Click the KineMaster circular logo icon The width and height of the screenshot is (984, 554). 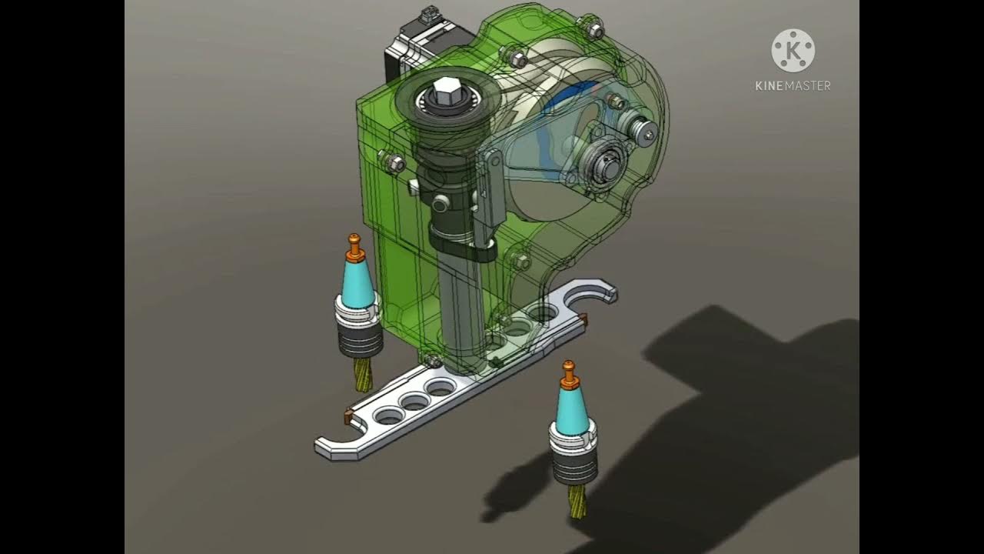[793, 51]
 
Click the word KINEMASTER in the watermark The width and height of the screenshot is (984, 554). [793, 86]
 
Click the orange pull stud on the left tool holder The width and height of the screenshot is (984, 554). [354, 247]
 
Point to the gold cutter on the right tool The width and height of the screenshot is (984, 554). [577, 501]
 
